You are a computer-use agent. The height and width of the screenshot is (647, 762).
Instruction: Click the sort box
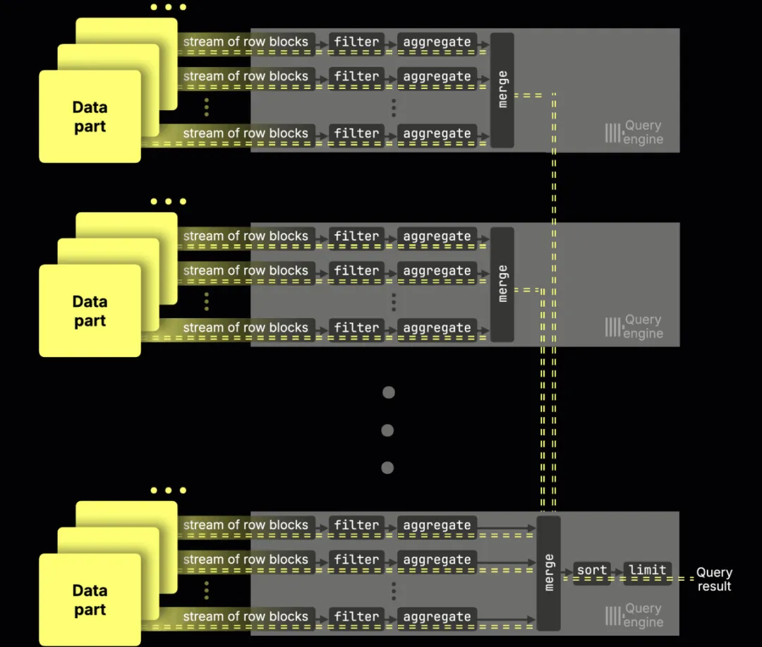pos(591,570)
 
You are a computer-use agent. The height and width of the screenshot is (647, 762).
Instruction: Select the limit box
pos(647,570)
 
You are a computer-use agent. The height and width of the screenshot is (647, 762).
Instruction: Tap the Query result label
pos(714,579)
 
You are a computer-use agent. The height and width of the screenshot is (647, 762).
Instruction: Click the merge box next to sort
pos(548,573)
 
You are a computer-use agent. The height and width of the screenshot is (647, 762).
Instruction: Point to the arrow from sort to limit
pos(616,570)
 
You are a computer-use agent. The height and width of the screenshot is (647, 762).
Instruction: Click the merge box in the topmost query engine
pos(502,90)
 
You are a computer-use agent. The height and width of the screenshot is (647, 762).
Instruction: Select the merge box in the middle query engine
pos(502,284)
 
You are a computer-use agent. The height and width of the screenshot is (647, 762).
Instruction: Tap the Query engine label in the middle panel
pos(643,327)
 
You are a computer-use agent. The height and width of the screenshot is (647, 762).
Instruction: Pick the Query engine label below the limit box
pos(643,615)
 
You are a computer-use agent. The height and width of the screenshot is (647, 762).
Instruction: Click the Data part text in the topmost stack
pos(90,117)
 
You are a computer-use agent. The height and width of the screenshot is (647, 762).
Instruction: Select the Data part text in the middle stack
pos(90,311)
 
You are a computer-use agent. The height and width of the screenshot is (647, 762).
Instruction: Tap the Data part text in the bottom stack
pos(90,600)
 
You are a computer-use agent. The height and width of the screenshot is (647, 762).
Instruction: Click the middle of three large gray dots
pos(387,430)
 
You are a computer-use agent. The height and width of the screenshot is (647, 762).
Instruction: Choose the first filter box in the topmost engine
pos(356,42)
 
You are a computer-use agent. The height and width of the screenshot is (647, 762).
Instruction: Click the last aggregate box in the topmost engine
pos(437,133)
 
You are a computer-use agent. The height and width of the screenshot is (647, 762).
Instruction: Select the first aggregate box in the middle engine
pos(437,236)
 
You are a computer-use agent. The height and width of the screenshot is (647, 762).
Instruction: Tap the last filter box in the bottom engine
pos(356,617)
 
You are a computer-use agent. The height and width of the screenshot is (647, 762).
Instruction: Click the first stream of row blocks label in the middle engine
pos(246,236)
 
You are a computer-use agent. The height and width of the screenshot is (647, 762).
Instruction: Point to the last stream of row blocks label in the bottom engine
pos(246,617)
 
